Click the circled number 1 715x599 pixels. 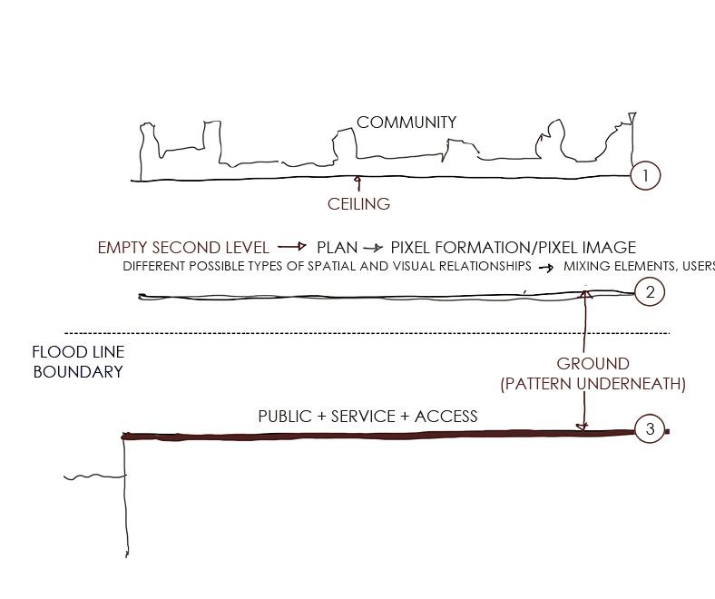pyautogui.click(x=645, y=176)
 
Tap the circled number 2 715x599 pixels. pyautogui.click(x=650, y=292)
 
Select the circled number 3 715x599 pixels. pyautogui.click(x=650, y=428)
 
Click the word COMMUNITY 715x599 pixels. pyautogui.click(x=406, y=122)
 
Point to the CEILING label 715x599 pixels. pyautogui.click(x=358, y=204)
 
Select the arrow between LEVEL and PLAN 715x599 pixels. pyautogui.click(x=292, y=247)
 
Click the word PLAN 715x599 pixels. pyautogui.click(x=336, y=247)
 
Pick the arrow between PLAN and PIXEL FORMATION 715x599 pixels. pyautogui.click(x=373, y=248)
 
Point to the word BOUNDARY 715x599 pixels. pyautogui.click(x=77, y=371)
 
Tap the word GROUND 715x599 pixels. pyautogui.click(x=593, y=364)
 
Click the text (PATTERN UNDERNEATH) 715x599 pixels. pyautogui.click(x=593, y=384)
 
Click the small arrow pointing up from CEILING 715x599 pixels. pyautogui.click(x=357, y=183)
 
